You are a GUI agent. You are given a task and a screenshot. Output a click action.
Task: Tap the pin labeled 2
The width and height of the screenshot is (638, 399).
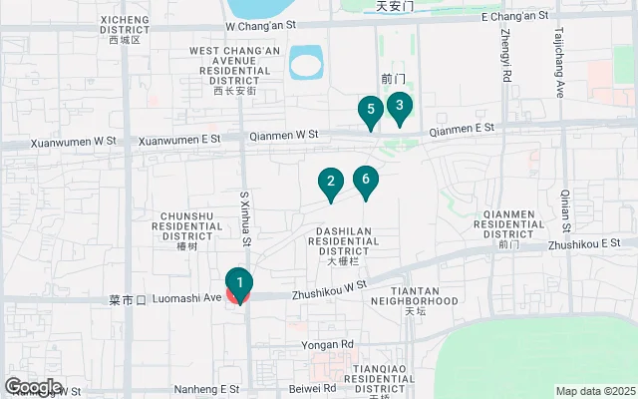point(330,182)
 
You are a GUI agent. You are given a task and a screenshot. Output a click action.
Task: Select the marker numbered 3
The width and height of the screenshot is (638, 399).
point(399,105)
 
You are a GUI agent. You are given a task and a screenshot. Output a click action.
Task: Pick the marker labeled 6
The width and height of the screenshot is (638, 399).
point(366,180)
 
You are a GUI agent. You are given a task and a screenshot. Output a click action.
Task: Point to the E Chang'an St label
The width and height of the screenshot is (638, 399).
point(514,17)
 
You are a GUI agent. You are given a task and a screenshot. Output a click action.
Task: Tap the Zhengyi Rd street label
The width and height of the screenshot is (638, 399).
point(505,55)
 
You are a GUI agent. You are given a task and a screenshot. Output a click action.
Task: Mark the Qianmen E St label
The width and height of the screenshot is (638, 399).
point(462,130)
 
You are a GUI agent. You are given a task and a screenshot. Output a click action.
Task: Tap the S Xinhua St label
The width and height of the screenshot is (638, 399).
point(244,219)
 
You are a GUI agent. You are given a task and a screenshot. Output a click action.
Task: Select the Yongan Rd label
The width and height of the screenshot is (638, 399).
point(327,345)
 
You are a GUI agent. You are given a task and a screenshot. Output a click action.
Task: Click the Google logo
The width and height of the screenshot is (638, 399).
point(32,387)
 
